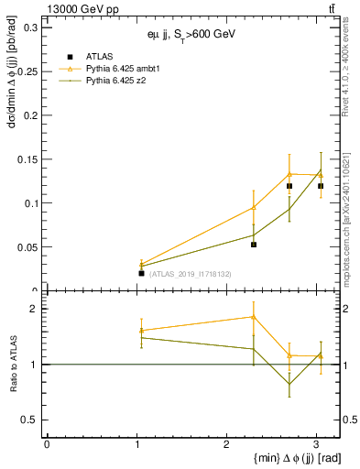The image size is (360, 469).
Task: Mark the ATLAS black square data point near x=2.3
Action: pos(254,245)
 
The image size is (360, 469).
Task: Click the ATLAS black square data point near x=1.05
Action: pos(141,273)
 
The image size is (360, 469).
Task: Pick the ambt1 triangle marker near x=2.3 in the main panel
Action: pos(254,207)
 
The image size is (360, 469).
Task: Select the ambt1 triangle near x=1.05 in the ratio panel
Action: pos(141,330)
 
